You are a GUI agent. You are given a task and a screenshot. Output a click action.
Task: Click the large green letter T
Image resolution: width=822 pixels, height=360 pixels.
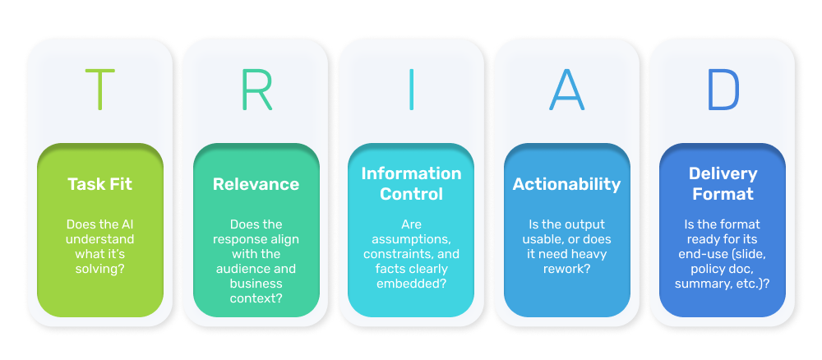(x=100, y=89)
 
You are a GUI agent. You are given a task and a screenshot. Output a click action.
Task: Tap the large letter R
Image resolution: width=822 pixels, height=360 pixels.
(x=256, y=89)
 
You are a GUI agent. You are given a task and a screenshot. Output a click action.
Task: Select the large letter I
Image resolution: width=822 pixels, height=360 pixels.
(x=411, y=89)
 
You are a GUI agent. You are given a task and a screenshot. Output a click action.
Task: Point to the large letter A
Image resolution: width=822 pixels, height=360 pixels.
(x=566, y=89)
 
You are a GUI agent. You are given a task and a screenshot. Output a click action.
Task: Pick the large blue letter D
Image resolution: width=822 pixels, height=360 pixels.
(x=723, y=89)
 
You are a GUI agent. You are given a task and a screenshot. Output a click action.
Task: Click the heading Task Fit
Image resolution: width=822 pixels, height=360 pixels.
(x=100, y=184)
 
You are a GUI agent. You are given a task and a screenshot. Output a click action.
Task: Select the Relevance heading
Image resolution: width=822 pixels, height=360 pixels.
(x=256, y=184)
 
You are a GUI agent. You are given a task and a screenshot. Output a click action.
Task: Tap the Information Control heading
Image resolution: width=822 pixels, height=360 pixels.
(x=412, y=183)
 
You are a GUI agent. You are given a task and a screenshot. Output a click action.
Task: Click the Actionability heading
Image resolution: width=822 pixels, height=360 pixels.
(x=566, y=184)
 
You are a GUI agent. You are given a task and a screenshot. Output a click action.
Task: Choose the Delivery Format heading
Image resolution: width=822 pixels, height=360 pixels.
(x=723, y=183)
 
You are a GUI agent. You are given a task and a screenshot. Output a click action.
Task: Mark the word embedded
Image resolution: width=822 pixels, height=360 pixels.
(x=408, y=284)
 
